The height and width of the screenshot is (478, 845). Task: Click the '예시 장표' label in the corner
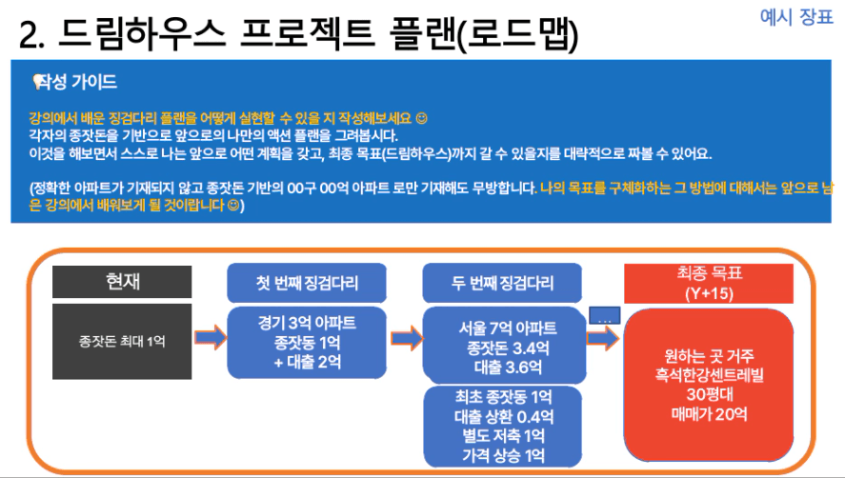click(x=796, y=17)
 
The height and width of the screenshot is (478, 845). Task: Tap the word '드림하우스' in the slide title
click(x=141, y=33)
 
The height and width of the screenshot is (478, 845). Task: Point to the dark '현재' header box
click(x=122, y=281)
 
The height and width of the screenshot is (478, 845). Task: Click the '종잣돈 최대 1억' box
click(x=122, y=341)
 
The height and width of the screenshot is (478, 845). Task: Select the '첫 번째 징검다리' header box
click(x=307, y=283)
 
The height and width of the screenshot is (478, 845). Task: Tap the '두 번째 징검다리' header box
click(x=502, y=283)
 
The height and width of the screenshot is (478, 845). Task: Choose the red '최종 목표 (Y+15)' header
click(x=709, y=284)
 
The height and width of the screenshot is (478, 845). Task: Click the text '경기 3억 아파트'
click(x=307, y=323)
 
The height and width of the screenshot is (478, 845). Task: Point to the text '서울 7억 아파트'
click(x=507, y=328)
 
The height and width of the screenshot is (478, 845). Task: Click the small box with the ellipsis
click(x=604, y=315)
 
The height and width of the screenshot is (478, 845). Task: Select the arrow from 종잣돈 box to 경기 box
click(x=211, y=337)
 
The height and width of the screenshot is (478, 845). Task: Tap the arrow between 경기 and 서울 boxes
click(x=407, y=338)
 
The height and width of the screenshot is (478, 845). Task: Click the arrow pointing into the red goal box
click(x=603, y=338)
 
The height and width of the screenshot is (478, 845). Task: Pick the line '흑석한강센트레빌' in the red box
click(x=709, y=375)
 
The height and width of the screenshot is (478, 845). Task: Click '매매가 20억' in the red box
click(x=709, y=414)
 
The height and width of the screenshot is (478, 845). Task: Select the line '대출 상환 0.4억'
click(x=503, y=416)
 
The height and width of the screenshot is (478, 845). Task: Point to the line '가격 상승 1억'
click(x=503, y=455)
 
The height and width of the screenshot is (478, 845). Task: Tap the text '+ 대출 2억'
click(x=307, y=362)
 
